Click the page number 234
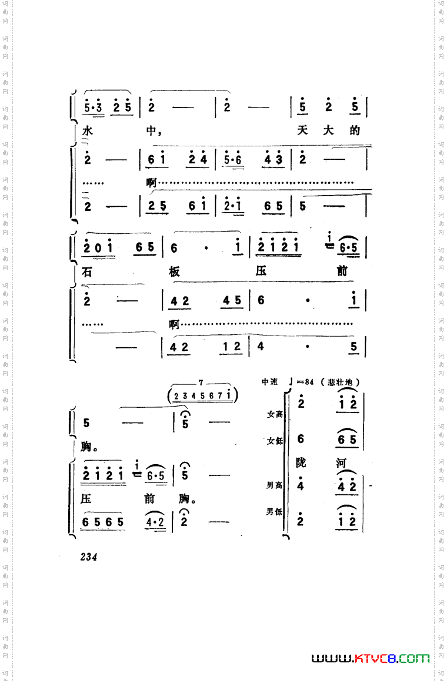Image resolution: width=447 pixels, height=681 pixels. click(x=89, y=557)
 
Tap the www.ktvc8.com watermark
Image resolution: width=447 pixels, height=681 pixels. click(x=371, y=658)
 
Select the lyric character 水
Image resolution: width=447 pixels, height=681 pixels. click(x=88, y=131)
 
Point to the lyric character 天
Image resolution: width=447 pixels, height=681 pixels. click(x=303, y=130)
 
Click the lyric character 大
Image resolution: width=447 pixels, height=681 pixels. click(x=329, y=130)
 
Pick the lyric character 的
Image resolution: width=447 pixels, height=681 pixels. click(x=355, y=130)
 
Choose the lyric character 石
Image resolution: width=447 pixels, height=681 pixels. click(x=88, y=272)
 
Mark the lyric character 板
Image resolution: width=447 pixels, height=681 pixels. click(x=174, y=271)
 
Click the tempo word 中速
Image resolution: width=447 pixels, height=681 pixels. click(x=270, y=382)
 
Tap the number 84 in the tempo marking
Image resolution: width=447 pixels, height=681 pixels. click(x=311, y=382)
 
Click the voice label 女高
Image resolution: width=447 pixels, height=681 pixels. click(x=275, y=414)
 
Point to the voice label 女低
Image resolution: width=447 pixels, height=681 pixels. click(x=275, y=441)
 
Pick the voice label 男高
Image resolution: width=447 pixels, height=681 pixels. click(x=275, y=486)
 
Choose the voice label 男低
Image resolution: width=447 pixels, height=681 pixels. click(x=275, y=512)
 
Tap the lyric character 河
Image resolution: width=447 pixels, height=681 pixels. click(x=341, y=463)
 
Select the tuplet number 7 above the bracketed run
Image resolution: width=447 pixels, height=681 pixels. click(x=201, y=383)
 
